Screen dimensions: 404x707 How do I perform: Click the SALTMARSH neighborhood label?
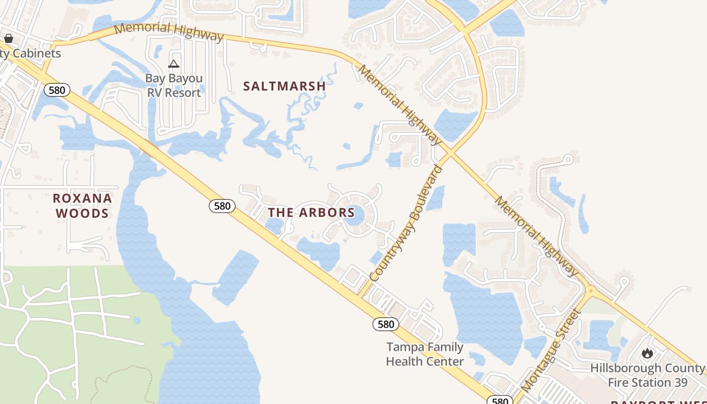pos(284,86)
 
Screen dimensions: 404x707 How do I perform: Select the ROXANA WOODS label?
pos(82,206)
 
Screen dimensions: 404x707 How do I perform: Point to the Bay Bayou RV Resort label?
pos(174,85)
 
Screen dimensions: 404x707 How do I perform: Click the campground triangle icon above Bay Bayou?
pos(174,64)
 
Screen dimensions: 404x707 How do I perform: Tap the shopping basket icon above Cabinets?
pos(9,38)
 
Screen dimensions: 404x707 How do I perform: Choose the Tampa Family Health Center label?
pos(425,354)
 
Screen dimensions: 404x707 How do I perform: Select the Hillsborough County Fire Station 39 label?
pos(647,375)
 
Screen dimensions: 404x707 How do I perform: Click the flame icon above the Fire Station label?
pos(647,353)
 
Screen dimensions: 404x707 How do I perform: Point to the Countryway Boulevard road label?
pos(406,223)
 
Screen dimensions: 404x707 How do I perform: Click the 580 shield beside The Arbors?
pos(222,206)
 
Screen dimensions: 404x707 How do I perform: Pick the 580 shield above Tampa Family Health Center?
pos(386,324)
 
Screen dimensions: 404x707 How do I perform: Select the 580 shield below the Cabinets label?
pos(57,90)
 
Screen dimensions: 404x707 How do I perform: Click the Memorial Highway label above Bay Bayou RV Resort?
pos(169,31)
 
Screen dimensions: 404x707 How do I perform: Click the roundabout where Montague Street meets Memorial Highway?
pos(591,290)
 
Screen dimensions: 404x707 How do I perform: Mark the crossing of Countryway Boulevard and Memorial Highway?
pos(448,152)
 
